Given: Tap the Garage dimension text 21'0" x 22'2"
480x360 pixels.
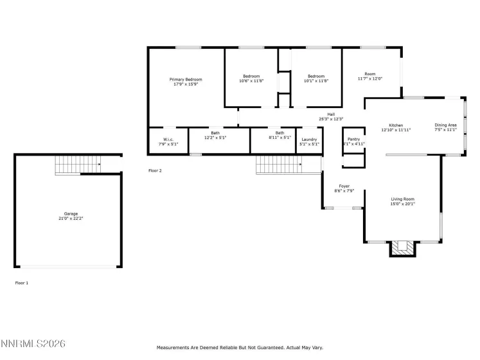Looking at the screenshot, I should pyautogui.click(x=71, y=219).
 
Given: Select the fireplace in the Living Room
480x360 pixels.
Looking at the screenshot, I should pyautogui.click(x=402, y=248).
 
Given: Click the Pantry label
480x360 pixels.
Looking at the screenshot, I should pyautogui.click(x=353, y=139).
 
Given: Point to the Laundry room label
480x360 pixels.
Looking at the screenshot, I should pyautogui.click(x=309, y=139).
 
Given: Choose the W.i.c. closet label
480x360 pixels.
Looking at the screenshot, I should pyautogui.click(x=168, y=139).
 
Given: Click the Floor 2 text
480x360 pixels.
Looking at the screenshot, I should pyautogui.click(x=155, y=170).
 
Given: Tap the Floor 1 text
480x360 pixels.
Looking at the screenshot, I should pyautogui.click(x=21, y=282).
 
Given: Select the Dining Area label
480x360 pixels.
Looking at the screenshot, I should pyautogui.click(x=445, y=125).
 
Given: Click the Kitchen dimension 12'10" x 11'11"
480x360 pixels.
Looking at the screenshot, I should pyautogui.click(x=396, y=130).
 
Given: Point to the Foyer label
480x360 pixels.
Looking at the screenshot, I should pyautogui.click(x=344, y=186).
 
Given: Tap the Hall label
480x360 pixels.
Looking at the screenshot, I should pyautogui.click(x=332, y=114).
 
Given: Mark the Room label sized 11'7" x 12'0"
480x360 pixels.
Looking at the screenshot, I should pyautogui.click(x=369, y=74).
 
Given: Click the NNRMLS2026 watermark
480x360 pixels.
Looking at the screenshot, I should pyautogui.click(x=33, y=345).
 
